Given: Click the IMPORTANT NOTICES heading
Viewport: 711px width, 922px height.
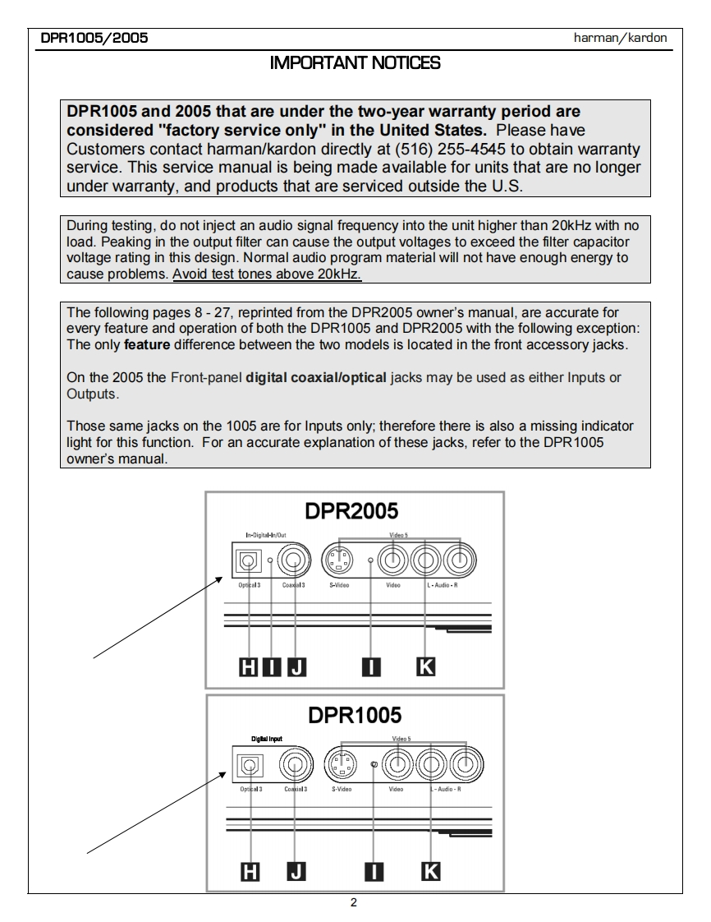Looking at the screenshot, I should [x=355, y=62].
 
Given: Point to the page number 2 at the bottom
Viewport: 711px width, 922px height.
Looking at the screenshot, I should [x=354, y=904].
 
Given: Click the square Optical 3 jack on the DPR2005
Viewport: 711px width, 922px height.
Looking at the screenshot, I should [x=247, y=561].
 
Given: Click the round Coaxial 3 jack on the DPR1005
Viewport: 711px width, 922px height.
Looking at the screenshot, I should [x=293, y=767].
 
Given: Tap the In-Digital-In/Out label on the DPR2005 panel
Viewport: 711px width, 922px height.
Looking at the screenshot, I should [x=261, y=535].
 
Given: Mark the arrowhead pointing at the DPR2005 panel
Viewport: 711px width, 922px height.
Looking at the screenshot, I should [x=219, y=579].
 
